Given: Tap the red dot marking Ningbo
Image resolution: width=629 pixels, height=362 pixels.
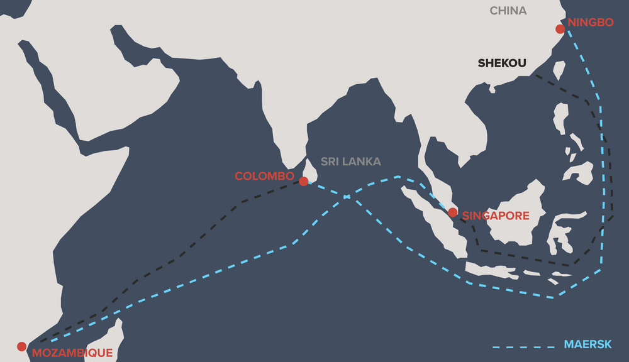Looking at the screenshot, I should (x=560, y=29).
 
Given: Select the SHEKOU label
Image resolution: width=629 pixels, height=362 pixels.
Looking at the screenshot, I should (x=501, y=63).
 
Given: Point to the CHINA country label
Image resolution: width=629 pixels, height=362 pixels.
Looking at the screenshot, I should (x=508, y=11).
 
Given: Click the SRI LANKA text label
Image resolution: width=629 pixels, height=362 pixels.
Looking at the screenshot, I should (x=350, y=162).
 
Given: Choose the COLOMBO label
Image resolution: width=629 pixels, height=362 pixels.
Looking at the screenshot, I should (x=264, y=176).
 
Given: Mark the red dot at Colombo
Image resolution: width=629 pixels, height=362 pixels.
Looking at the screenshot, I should (x=303, y=181).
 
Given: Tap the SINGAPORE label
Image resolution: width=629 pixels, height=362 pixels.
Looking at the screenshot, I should (x=496, y=216).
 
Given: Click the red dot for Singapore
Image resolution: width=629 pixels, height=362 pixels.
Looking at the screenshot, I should (x=452, y=212).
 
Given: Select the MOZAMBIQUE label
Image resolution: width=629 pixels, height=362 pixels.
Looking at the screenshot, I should (x=72, y=353).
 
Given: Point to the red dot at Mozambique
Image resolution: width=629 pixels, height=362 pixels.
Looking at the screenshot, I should (x=21, y=346).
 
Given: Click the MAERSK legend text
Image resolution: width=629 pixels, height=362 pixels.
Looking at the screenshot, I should (x=587, y=345).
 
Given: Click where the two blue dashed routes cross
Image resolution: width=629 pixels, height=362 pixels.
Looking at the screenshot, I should (x=347, y=197).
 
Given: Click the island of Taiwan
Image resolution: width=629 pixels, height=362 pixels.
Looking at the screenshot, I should (x=559, y=69).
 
